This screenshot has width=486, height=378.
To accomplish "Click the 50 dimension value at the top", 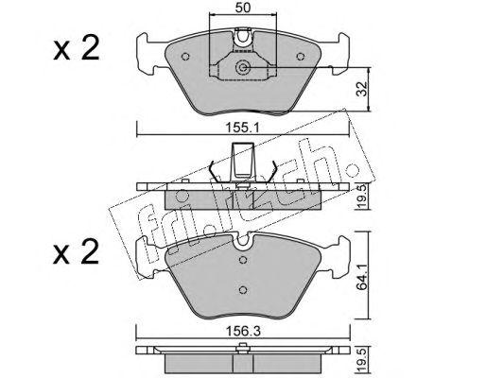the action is click(x=243, y=8).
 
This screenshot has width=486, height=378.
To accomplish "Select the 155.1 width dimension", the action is click(x=242, y=128).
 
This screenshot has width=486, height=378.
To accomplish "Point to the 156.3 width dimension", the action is click(x=243, y=331).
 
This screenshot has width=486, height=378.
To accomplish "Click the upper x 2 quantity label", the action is click(x=77, y=48).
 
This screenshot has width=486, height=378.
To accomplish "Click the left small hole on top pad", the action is click(x=185, y=57).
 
